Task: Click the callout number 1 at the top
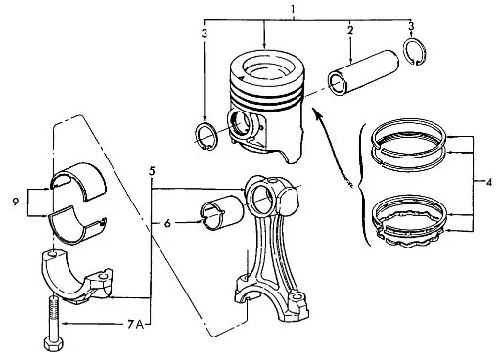click(293, 9)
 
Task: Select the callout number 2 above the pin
click(350, 30)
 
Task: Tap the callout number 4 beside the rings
click(489, 182)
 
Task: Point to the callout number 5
click(152, 171)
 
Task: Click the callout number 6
click(167, 223)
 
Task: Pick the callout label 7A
click(135, 324)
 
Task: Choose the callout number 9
click(16, 202)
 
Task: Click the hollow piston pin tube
click(363, 72)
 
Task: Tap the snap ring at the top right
click(414, 51)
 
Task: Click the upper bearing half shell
click(79, 180)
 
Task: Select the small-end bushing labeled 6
click(222, 212)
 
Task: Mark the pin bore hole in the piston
click(242, 123)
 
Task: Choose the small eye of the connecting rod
click(261, 199)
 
